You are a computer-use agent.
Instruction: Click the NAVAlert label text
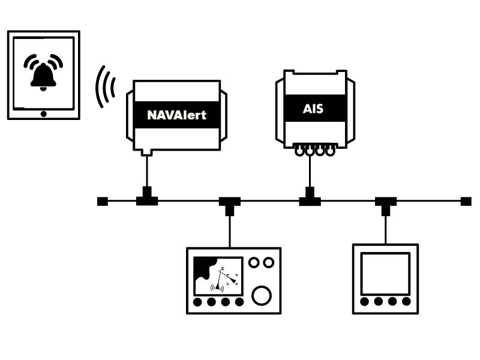(176, 115)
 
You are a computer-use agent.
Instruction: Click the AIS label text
(313, 109)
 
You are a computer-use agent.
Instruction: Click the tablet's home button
(43, 113)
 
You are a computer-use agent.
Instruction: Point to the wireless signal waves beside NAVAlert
(106, 87)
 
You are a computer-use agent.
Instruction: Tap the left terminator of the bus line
(103, 201)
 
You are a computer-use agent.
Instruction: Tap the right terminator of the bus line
(466, 201)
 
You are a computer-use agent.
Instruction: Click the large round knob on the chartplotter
(262, 295)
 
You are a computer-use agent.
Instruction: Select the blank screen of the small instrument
(385, 273)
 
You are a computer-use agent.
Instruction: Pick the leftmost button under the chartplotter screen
(199, 302)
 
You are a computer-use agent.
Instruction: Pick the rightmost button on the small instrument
(406, 301)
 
